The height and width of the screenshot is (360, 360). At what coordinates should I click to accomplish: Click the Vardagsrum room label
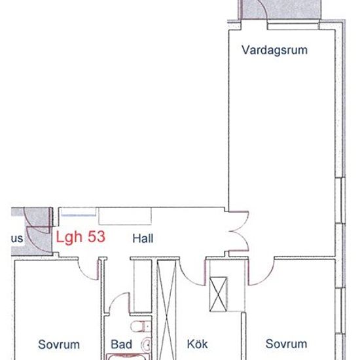pyautogui.click(x=274, y=50)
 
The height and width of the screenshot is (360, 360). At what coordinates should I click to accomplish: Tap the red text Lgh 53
pyautogui.click(x=81, y=238)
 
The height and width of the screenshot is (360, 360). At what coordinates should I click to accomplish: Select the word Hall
pyautogui.click(x=143, y=239)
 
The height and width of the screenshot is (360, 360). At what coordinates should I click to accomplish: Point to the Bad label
pyautogui.click(x=122, y=344)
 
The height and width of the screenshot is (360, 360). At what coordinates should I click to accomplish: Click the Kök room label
pyautogui.click(x=197, y=344)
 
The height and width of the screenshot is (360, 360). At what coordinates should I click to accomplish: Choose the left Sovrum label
pyautogui.click(x=58, y=344)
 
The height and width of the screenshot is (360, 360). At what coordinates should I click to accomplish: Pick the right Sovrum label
pyautogui.click(x=286, y=344)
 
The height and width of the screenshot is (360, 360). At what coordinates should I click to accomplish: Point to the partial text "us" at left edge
pyautogui.click(x=18, y=239)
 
